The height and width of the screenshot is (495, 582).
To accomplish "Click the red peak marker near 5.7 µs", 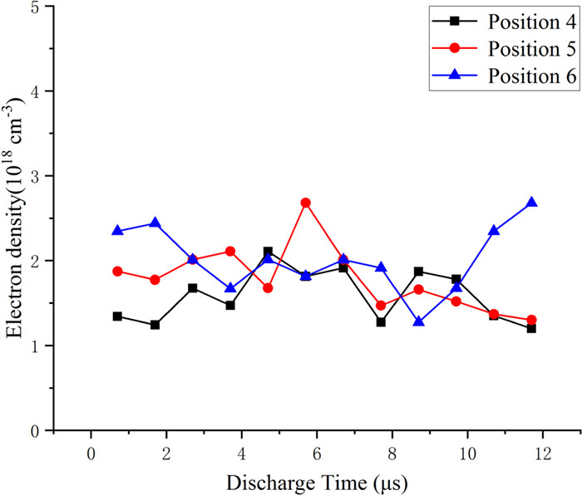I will pos(306,203).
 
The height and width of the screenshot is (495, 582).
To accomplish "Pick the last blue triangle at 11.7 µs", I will pos(532,203).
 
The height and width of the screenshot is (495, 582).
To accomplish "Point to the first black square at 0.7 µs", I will pos(117,316).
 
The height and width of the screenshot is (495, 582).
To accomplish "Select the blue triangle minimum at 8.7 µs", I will pos(419,321).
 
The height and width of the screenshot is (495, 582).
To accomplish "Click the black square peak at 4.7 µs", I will pos(268,252).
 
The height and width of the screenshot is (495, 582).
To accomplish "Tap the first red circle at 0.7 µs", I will pos(117,272).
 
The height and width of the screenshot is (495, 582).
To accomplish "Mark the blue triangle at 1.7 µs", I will pos(155,223).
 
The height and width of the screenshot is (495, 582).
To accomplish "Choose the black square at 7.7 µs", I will pos(381,321).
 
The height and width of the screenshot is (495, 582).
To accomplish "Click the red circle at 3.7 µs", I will pos(230,251).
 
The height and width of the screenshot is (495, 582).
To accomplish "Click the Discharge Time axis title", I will pos(317,481).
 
